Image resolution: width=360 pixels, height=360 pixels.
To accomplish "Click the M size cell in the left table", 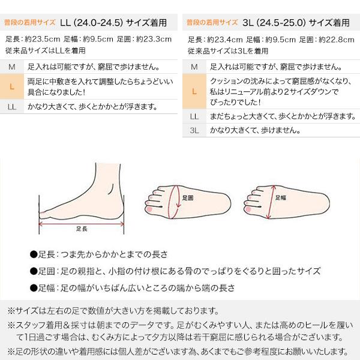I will [12, 66].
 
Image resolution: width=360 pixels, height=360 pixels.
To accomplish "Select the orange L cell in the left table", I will [12, 86].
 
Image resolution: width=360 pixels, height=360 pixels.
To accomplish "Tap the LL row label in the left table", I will [12, 107].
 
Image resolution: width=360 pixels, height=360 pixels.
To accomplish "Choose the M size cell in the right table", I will [194, 66].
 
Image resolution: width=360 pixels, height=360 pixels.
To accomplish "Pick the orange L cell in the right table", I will [194, 92].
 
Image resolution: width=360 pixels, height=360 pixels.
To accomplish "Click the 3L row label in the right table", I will [194, 130].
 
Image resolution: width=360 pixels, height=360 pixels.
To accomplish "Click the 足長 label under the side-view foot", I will [82, 229].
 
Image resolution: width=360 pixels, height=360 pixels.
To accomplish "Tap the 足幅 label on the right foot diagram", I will [280, 197].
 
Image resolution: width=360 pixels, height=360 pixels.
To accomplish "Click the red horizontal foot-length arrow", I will [82, 221].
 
